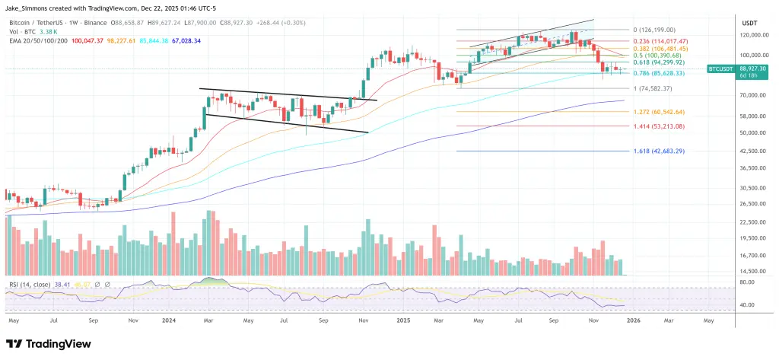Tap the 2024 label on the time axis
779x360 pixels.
point(170,321)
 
